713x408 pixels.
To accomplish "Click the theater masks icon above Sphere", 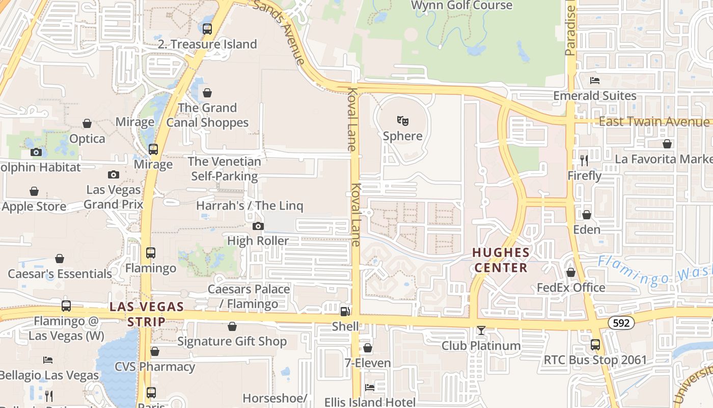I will [x=403, y=121].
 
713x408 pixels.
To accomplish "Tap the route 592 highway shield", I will [x=621, y=322].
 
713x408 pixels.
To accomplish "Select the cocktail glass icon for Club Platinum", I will [x=481, y=330].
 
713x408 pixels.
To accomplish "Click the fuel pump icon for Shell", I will [x=345, y=311].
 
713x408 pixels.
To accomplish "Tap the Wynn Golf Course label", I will [x=461, y=6].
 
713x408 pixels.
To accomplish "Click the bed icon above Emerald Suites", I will [x=594, y=81].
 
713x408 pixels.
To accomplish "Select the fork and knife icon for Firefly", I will [x=584, y=161].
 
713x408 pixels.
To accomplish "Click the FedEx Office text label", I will [x=571, y=288].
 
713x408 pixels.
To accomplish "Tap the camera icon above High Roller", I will [x=258, y=226].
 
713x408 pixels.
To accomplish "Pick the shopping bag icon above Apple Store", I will [x=34, y=191].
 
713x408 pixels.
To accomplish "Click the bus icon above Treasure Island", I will [x=207, y=29].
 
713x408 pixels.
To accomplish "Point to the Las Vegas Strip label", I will [x=147, y=314].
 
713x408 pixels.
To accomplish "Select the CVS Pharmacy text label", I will [x=154, y=367].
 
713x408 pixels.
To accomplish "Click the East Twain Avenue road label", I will [x=653, y=121].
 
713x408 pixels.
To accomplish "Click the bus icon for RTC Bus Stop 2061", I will [x=595, y=345].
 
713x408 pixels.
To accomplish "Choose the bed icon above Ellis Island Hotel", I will [x=370, y=388].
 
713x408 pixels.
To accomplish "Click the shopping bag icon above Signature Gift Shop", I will [x=232, y=326].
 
